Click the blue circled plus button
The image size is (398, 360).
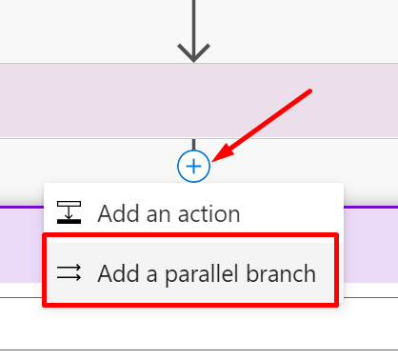click(193, 167)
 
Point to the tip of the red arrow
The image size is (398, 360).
click(215, 158)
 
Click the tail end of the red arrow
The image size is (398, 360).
click(309, 91)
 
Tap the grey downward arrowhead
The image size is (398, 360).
click(193, 53)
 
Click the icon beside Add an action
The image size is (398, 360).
click(70, 213)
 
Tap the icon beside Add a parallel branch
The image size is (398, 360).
click(70, 274)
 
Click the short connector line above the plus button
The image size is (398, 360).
click(193, 146)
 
